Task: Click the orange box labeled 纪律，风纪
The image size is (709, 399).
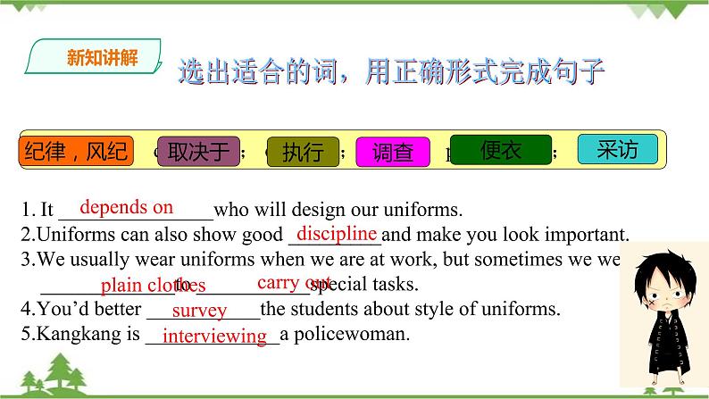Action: (x=76, y=152)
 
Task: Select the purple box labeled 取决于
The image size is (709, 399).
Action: (x=199, y=152)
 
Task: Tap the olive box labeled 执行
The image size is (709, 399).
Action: (x=303, y=153)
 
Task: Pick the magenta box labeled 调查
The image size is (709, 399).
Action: (x=392, y=153)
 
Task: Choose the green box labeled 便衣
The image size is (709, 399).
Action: (x=501, y=151)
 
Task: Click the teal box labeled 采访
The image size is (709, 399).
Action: (x=618, y=149)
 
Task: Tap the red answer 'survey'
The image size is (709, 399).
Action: (x=199, y=311)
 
